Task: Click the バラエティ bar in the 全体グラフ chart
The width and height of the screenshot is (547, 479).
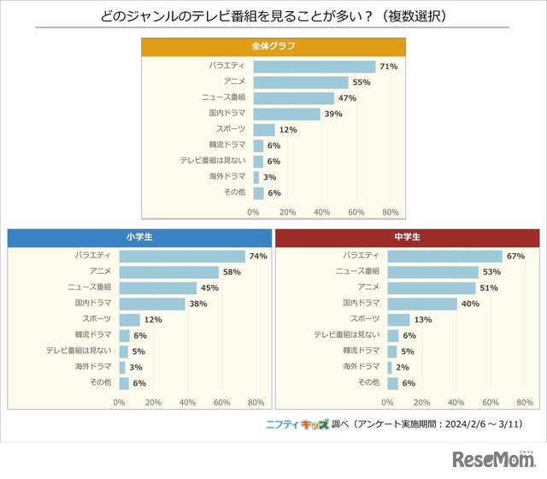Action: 315,66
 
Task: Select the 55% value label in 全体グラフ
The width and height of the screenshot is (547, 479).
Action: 362,82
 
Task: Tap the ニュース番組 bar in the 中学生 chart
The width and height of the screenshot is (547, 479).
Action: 432,271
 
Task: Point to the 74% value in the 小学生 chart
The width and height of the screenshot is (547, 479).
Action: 258,256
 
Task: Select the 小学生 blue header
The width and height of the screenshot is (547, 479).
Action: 138,237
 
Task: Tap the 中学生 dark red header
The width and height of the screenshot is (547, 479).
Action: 408,237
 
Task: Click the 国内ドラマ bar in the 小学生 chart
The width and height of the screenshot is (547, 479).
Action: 152,303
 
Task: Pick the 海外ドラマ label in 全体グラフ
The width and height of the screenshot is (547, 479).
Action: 227,177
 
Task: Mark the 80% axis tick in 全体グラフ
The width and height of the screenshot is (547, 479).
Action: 391,211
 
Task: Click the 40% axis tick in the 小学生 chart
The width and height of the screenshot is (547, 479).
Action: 187,401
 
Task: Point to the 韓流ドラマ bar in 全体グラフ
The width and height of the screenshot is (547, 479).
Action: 258,145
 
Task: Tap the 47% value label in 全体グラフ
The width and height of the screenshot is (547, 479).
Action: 347,98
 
